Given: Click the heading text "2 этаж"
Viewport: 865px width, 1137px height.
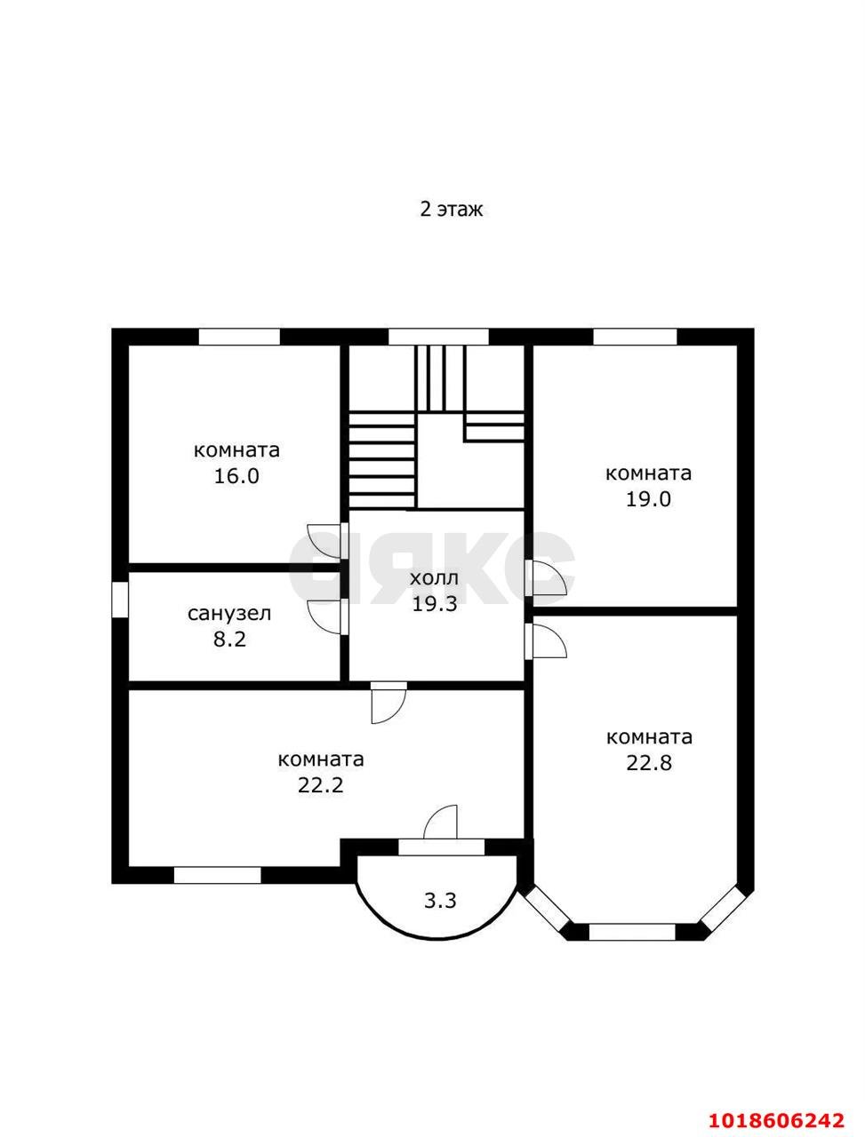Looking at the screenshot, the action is pos(451,210).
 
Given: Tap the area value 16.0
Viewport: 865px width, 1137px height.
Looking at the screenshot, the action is pos(236,475).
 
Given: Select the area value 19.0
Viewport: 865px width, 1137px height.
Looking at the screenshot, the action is pos(648,499).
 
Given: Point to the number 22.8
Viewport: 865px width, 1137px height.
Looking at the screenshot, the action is pos(649,763).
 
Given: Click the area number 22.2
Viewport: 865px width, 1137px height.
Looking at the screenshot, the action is pos(320,786).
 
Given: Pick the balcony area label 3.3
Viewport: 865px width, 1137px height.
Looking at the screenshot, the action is pos(440,902).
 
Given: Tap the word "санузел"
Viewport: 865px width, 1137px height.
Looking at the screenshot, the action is pos(229,615).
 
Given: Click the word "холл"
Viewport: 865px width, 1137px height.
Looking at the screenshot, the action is pos(435,578).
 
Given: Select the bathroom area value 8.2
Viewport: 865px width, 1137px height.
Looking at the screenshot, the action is pos(229,640).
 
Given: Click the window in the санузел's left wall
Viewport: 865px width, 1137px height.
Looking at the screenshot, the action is pos(120,600).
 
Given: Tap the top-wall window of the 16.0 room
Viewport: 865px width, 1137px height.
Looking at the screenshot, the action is pos(239,337).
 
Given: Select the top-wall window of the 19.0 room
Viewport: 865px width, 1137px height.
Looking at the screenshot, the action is pos(635,337).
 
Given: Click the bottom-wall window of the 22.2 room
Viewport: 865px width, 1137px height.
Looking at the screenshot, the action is pos(217,876).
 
